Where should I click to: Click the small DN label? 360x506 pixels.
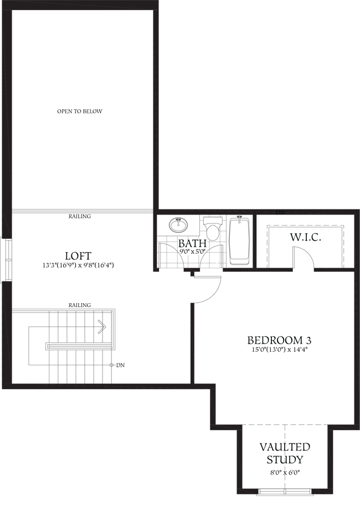(x=280, y=213)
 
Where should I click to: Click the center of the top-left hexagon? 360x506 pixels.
(x=81, y=110)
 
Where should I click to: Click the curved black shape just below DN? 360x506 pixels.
(x=307, y=242)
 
